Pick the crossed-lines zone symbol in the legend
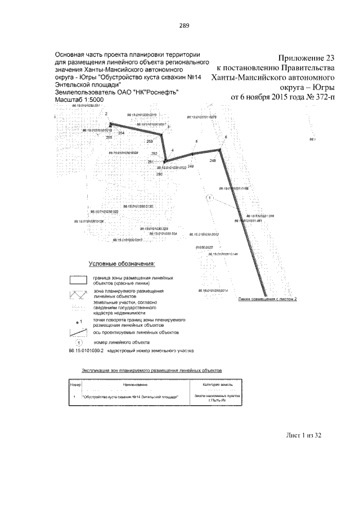[77, 294]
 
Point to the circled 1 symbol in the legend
[79, 342]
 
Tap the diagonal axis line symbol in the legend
[77, 332]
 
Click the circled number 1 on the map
[209, 199]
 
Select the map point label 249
[190, 166]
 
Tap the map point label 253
[150, 141]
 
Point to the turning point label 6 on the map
[226, 137]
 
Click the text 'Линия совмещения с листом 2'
[267, 299]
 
